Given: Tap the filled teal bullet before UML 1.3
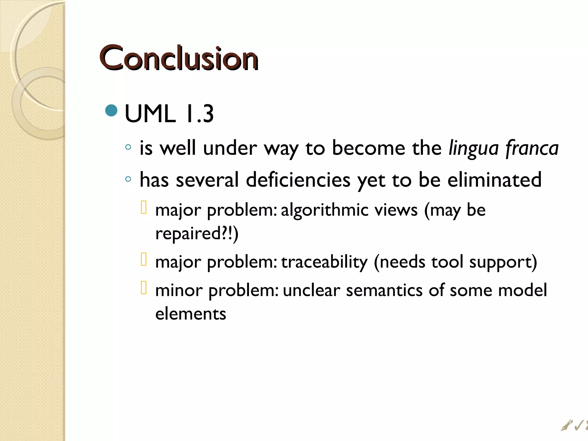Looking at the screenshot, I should pyautogui.click(x=111, y=111).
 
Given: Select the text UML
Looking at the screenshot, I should pyautogui.click(x=150, y=114).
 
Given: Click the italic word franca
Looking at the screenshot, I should pyautogui.click(x=532, y=148).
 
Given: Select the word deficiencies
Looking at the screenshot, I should pyautogui.click(x=298, y=180).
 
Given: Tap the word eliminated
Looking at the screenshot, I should pyautogui.click(x=494, y=180).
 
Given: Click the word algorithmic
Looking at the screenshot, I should pyautogui.click(x=324, y=210).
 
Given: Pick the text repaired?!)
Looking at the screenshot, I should pyautogui.click(x=197, y=233).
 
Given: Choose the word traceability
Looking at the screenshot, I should pyautogui.click(x=324, y=262).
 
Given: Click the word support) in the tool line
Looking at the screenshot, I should pyautogui.click(x=503, y=262).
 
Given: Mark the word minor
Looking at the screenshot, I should pyautogui.click(x=179, y=290).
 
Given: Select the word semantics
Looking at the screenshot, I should pyautogui.click(x=384, y=290).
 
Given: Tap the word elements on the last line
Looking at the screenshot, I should pyautogui.click(x=191, y=314).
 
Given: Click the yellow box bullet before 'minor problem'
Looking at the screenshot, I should pyautogui.click(x=144, y=288).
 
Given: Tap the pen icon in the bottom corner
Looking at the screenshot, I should pyautogui.click(x=566, y=433).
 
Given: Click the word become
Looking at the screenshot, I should pyautogui.click(x=368, y=148).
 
